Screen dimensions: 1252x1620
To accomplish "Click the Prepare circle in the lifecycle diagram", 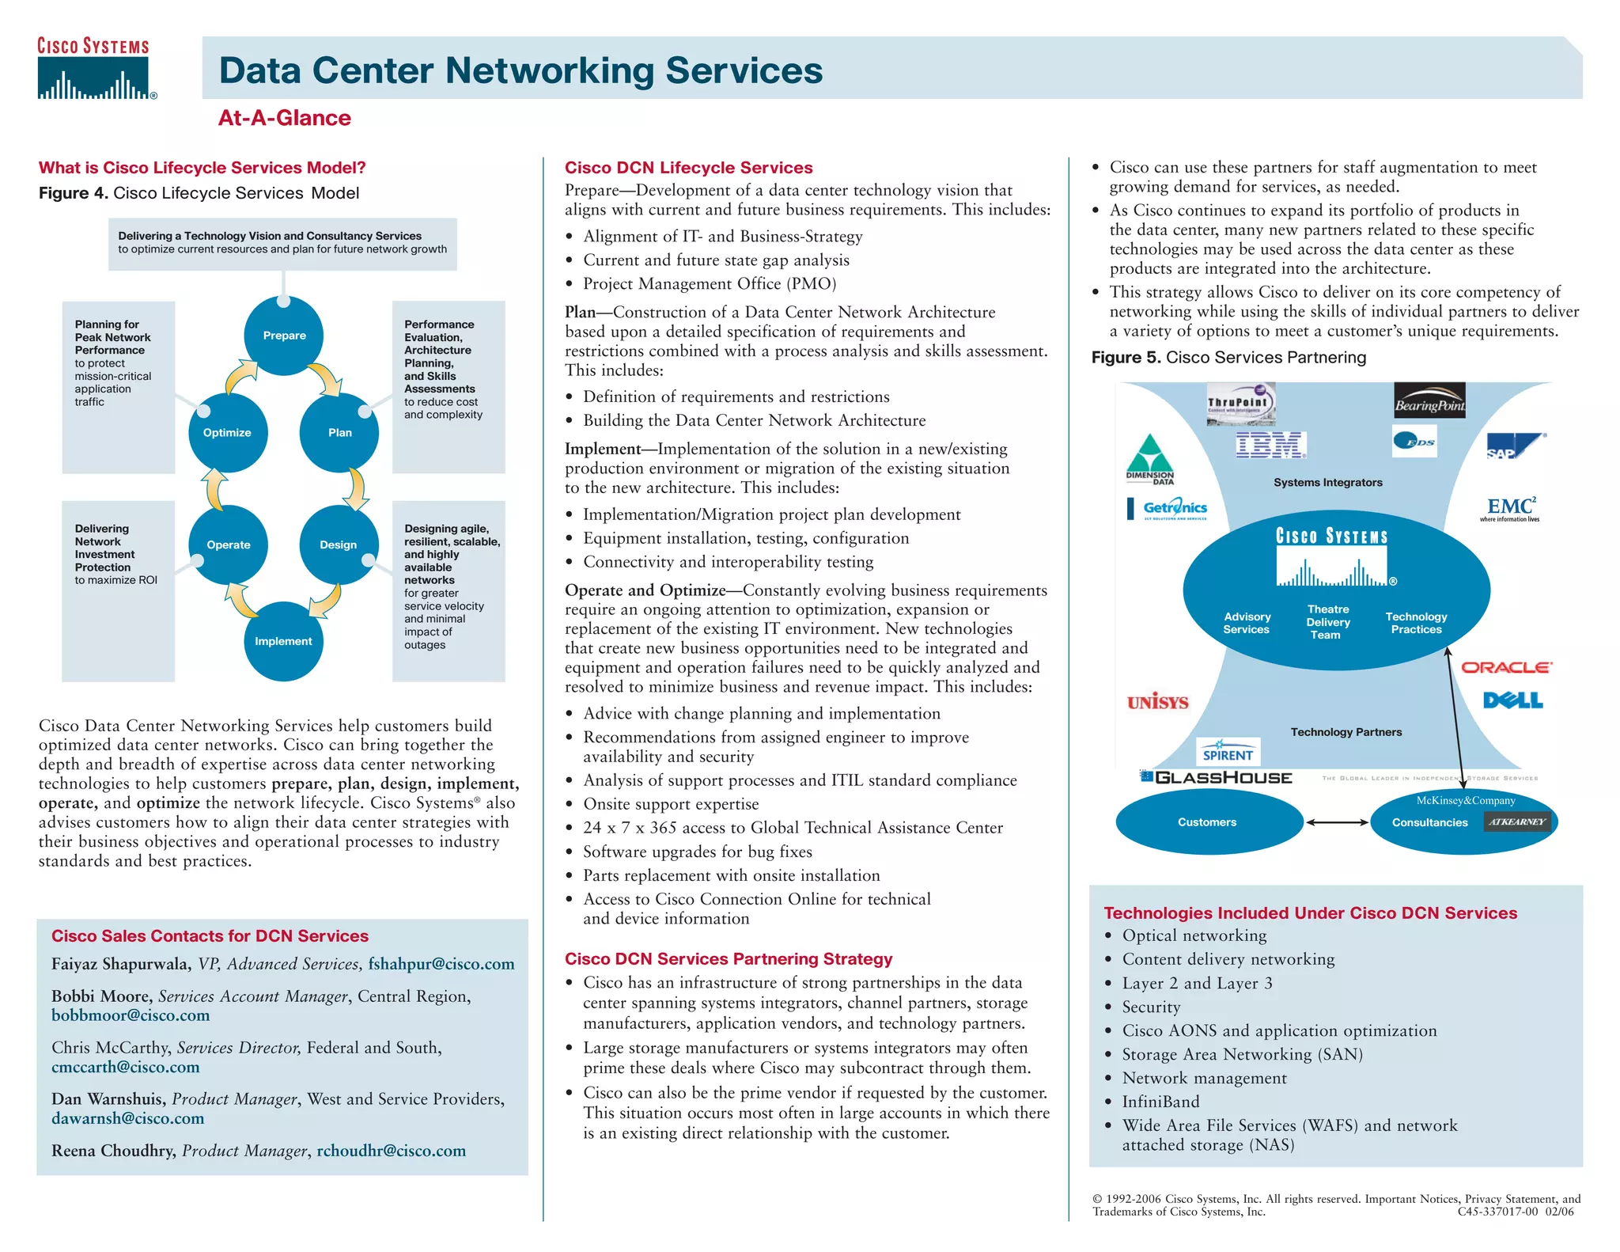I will [x=284, y=336].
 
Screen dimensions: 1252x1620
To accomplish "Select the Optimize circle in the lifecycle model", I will [x=228, y=432].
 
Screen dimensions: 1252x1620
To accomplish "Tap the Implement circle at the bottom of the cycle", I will [x=283, y=641].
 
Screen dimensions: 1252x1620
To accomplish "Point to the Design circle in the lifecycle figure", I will [x=339, y=544].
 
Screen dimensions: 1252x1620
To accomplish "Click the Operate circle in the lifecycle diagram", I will [x=229, y=544].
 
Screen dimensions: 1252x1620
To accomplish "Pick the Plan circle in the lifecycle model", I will [x=339, y=432].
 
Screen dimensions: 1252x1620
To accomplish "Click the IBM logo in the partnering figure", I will [x=1270, y=445].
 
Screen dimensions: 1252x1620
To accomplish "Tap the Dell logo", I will [x=1512, y=700].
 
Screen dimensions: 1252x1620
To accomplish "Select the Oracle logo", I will [x=1506, y=667].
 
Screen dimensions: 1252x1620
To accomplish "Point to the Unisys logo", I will [x=1157, y=702].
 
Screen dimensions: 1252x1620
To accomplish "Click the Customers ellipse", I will [x=1208, y=822].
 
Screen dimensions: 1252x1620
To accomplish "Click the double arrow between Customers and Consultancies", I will [x=1337, y=822].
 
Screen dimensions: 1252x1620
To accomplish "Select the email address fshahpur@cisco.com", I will [x=441, y=964].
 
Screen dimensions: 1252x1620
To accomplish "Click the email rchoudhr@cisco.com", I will [x=391, y=1151].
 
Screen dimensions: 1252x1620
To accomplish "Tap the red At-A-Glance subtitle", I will [x=284, y=118].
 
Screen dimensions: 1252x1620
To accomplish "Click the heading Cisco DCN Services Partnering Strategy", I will [x=728, y=959].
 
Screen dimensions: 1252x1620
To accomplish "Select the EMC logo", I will [x=1510, y=508].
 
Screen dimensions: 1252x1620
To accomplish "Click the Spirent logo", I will [x=1227, y=752].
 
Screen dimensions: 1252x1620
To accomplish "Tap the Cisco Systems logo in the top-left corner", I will [x=95, y=70].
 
